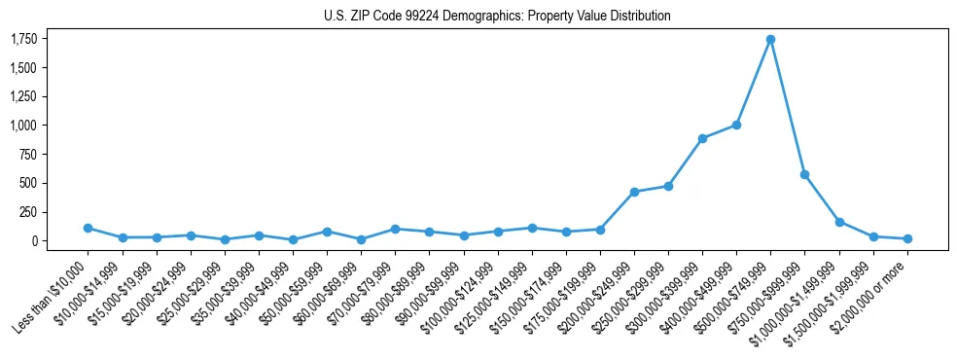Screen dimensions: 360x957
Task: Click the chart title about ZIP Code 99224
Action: tap(497, 16)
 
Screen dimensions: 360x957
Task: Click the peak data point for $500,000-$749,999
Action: tap(770, 39)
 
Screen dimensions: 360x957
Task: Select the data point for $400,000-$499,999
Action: tap(736, 125)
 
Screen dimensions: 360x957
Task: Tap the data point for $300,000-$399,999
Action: tap(702, 138)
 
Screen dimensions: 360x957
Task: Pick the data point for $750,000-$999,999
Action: tap(804, 174)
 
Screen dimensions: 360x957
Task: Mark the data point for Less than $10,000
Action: tap(88, 228)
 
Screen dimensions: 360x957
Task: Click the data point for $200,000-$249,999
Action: tap(634, 192)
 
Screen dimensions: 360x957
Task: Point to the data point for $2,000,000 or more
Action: tap(907, 238)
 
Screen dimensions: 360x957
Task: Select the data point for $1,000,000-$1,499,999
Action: tap(839, 222)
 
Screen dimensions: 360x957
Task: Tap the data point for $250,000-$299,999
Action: tap(668, 186)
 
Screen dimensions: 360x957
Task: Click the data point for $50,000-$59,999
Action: tap(327, 232)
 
